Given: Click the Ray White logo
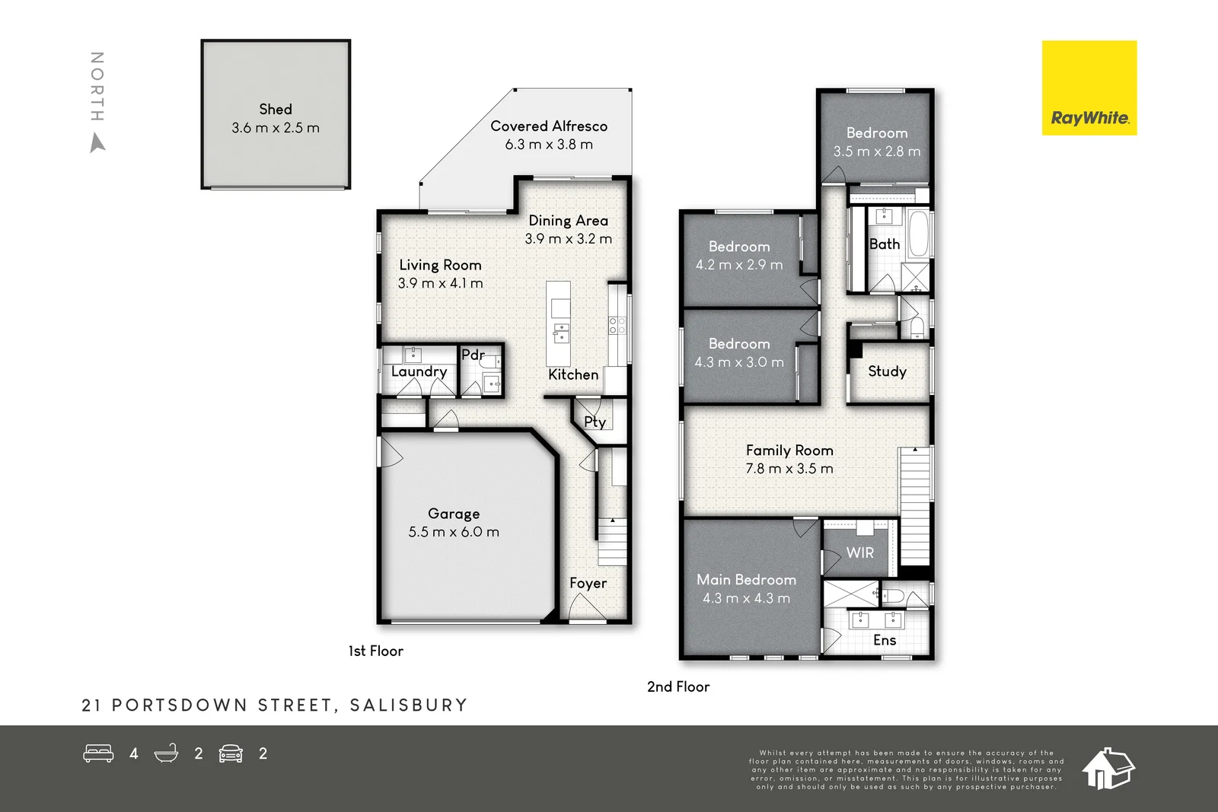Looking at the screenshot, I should tap(1089, 88).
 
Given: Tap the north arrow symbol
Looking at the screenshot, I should tap(97, 143).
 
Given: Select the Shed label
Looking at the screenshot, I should tap(276, 110).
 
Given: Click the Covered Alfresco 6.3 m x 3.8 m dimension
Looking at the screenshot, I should tap(549, 145).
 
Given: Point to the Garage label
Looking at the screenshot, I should tap(454, 514).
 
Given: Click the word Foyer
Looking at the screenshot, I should tap(588, 584).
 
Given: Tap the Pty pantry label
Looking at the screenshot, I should tap(595, 422).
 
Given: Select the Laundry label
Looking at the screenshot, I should tap(419, 371).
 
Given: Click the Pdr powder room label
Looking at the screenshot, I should tap(473, 355).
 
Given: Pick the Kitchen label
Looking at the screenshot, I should tap(573, 374).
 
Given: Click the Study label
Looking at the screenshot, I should tap(887, 371).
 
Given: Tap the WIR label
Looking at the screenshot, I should tap(860, 553).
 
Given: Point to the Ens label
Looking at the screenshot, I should tap(885, 640).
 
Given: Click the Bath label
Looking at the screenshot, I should tap(885, 244).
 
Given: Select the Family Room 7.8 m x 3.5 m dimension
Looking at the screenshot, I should tap(789, 469).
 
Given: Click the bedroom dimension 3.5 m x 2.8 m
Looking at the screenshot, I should tap(877, 151).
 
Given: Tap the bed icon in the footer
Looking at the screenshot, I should tap(98, 753).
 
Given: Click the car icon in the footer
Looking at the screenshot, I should tap(231, 753).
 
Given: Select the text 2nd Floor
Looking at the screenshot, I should tap(678, 686).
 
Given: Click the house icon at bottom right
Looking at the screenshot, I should tap(1108, 769).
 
